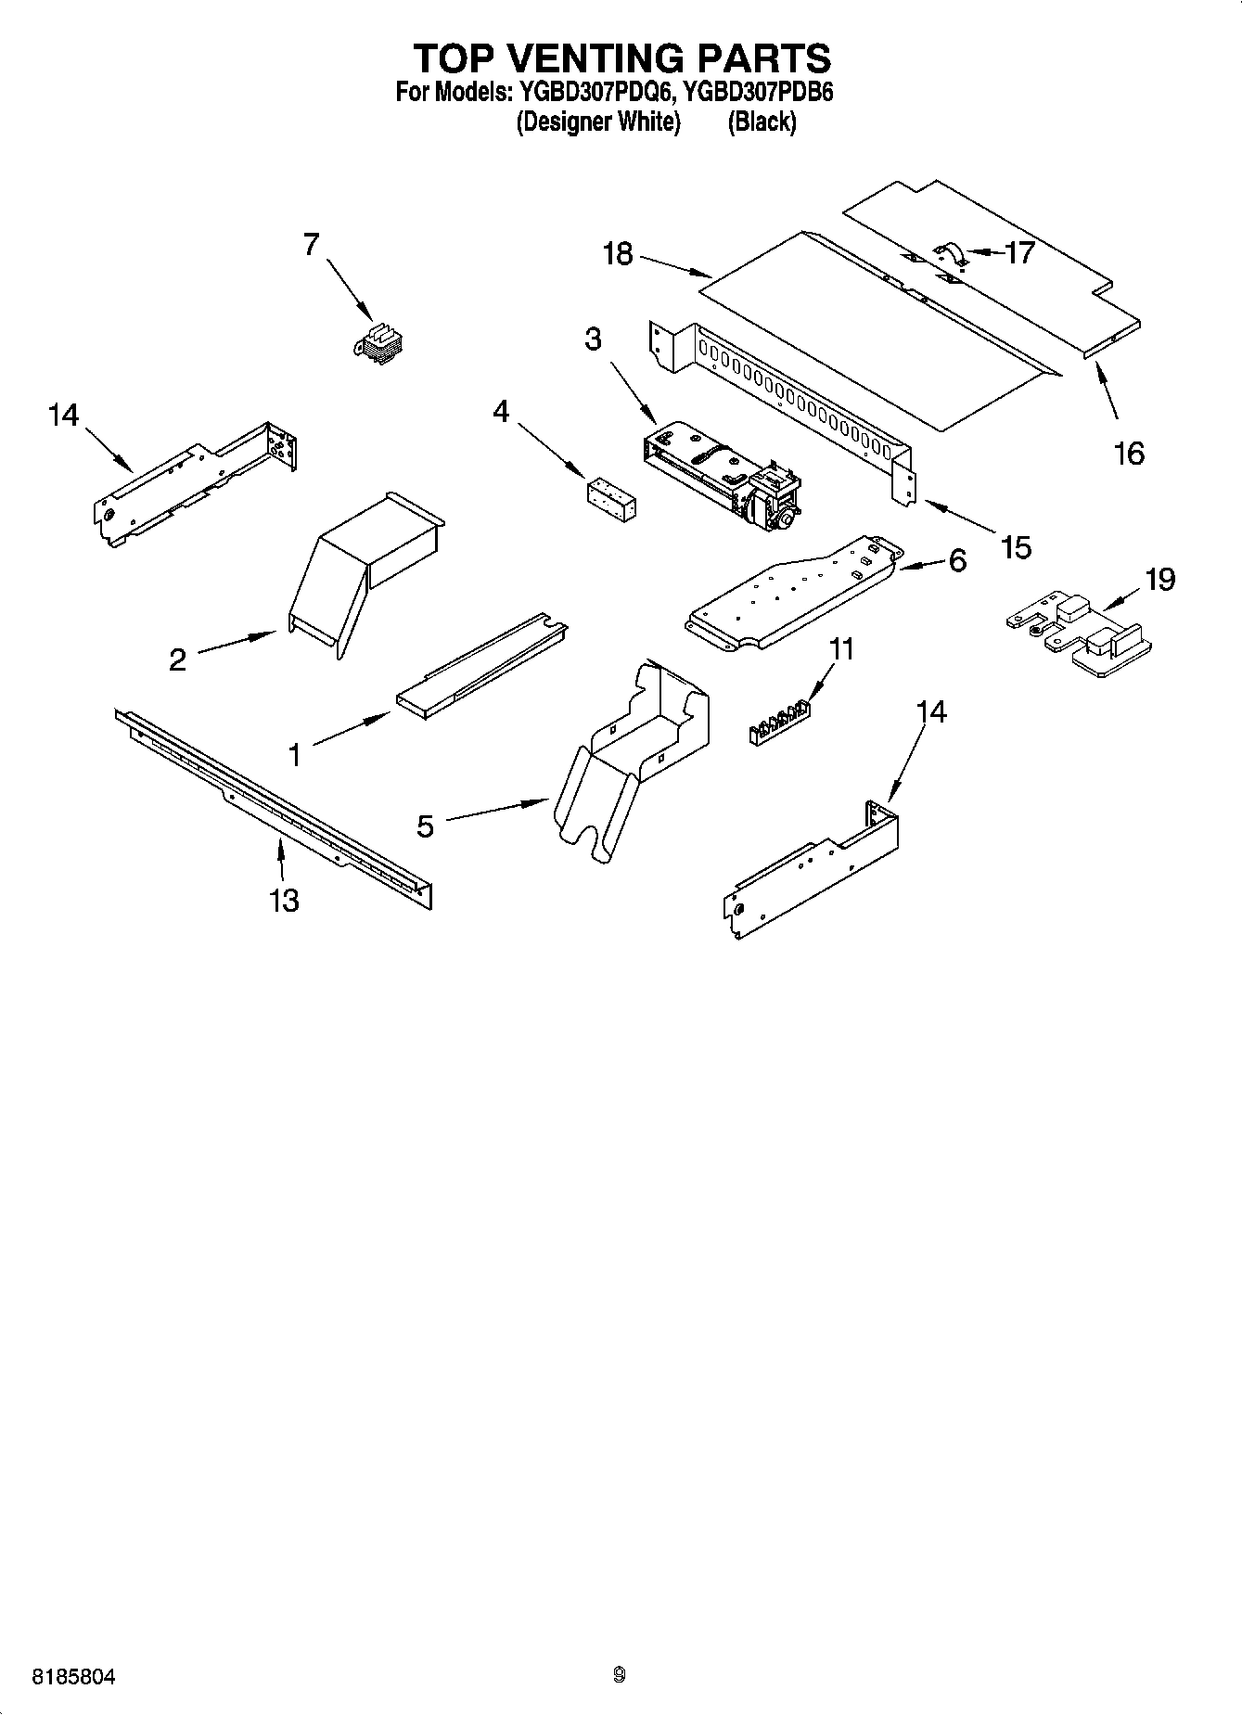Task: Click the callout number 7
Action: pyautogui.click(x=311, y=245)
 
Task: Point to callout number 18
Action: pyautogui.click(x=618, y=253)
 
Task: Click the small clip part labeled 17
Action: pyautogui.click(x=952, y=251)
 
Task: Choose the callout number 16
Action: pyautogui.click(x=1129, y=454)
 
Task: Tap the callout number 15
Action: pyautogui.click(x=1017, y=547)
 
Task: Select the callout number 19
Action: pyautogui.click(x=1160, y=580)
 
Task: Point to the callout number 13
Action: pyautogui.click(x=284, y=900)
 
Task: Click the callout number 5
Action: pyautogui.click(x=425, y=826)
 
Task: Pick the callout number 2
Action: pyautogui.click(x=177, y=659)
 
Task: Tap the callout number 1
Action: pyautogui.click(x=295, y=756)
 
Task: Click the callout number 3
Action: pyautogui.click(x=593, y=339)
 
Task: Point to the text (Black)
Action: pyautogui.click(x=762, y=122)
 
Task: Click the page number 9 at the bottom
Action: pyautogui.click(x=619, y=1675)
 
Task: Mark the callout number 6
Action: pyautogui.click(x=957, y=560)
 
